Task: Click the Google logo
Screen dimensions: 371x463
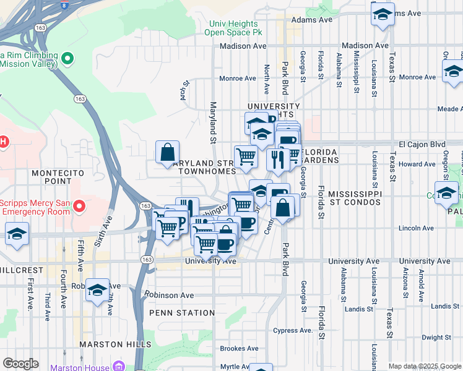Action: [x=21, y=364]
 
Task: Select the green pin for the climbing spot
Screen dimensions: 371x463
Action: [x=67, y=59]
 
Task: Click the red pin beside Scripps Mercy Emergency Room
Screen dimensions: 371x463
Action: [x=79, y=205]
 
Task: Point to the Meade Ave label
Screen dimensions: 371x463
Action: [x=449, y=109]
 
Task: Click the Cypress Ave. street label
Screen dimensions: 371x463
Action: [x=293, y=330]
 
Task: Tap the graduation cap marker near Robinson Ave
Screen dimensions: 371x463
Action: [x=98, y=290]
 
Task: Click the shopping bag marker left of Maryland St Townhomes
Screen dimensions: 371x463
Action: [x=168, y=152]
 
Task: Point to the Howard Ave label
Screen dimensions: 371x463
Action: [x=417, y=164]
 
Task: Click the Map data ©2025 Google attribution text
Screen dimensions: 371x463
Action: [x=424, y=366]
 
